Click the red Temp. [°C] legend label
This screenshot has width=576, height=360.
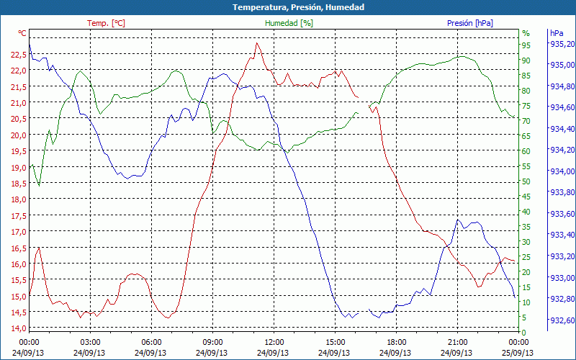pos(106,23)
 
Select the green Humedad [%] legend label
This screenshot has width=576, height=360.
pos(289,23)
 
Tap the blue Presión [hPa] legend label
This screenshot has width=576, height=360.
pos(469,23)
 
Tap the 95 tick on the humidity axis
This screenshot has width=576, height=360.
pos(526,45)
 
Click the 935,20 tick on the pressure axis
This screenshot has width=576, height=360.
pos(562,44)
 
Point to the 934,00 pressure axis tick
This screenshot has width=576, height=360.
pos(562,171)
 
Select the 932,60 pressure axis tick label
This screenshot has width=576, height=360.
pos(562,320)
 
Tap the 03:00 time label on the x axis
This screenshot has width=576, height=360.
pos(90,342)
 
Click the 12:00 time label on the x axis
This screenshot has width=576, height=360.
pos(274,342)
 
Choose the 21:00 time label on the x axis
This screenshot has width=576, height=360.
pos(458,342)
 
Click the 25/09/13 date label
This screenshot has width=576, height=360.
pos(519,353)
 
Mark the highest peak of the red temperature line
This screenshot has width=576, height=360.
pos(256,43)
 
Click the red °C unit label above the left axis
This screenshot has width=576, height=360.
pos(22,33)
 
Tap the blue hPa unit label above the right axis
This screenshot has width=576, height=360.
pos(557,33)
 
